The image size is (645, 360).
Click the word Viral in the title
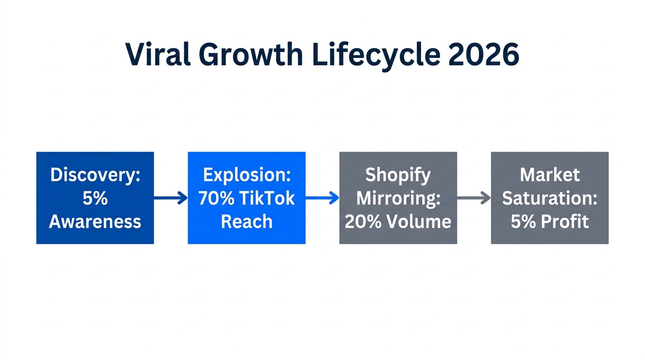pyautogui.click(x=157, y=55)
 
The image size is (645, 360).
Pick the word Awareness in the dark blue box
pyautogui.click(x=95, y=222)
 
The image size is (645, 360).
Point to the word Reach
pyautogui.click(x=247, y=222)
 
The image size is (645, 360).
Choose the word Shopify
pyautogui.click(x=398, y=175)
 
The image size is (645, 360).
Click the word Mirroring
pyautogui.click(x=398, y=198)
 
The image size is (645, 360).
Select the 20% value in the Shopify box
pyautogui.click(x=361, y=222)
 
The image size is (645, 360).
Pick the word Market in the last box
pyautogui.click(x=550, y=175)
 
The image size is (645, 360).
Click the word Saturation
pyautogui.click(x=550, y=198)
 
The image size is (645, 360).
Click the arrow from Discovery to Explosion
pyautogui.click(x=171, y=198)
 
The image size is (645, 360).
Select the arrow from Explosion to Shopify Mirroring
pyautogui.click(x=322, y=198)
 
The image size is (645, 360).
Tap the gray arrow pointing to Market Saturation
pyautogui.click(x=474, y=198)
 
